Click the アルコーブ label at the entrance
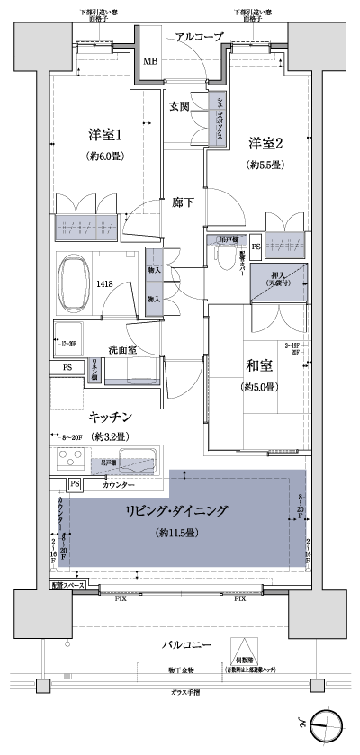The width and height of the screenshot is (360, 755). click(200, 37)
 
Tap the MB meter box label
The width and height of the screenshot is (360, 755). click(150, 62)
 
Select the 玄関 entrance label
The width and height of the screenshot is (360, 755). click(180, 106)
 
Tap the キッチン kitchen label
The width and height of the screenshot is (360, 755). click(112, 417)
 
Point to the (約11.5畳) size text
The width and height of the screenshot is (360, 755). click(176, 534)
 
